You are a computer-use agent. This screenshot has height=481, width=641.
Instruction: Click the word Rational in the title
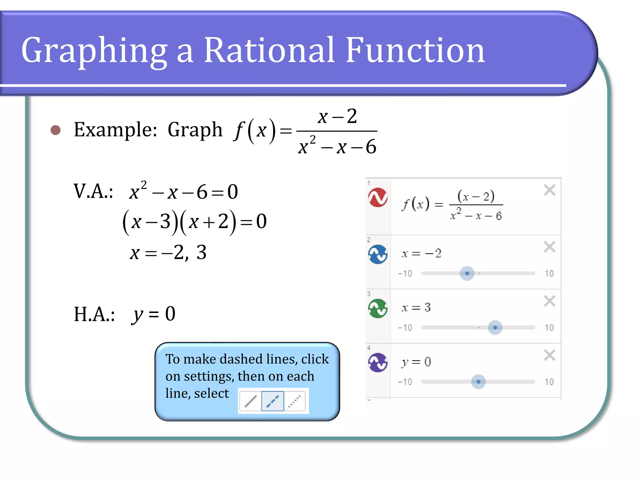pos(269,50)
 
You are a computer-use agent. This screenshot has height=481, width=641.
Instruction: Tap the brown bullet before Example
pos(56,130)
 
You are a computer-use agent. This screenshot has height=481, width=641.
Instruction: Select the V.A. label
pos(93,191)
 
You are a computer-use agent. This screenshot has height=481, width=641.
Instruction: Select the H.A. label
pos(94,314)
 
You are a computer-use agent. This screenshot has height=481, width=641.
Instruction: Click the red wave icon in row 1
pos(378,198)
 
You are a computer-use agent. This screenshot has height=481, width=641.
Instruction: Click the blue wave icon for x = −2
pos(378,254)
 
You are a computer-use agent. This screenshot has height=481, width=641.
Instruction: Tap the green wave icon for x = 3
pos(378,308)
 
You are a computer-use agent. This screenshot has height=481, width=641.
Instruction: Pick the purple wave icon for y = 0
pos(378,363)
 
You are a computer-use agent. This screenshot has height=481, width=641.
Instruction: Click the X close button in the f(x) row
pos(550,190)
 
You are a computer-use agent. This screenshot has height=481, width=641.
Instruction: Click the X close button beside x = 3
pos(550,301)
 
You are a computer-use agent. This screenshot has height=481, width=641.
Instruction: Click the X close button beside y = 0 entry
pos(550,355)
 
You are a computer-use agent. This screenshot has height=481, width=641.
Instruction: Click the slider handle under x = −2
pos(467,273)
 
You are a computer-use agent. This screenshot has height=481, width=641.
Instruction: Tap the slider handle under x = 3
pos(495,328)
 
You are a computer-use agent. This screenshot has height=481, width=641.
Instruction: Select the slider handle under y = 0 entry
pos(478,382)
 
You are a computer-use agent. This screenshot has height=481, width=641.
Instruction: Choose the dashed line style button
pos(273,401)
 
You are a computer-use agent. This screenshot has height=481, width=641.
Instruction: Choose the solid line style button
pos(250,401)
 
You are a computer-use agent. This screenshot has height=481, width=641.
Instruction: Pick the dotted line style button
pos(295,401)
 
